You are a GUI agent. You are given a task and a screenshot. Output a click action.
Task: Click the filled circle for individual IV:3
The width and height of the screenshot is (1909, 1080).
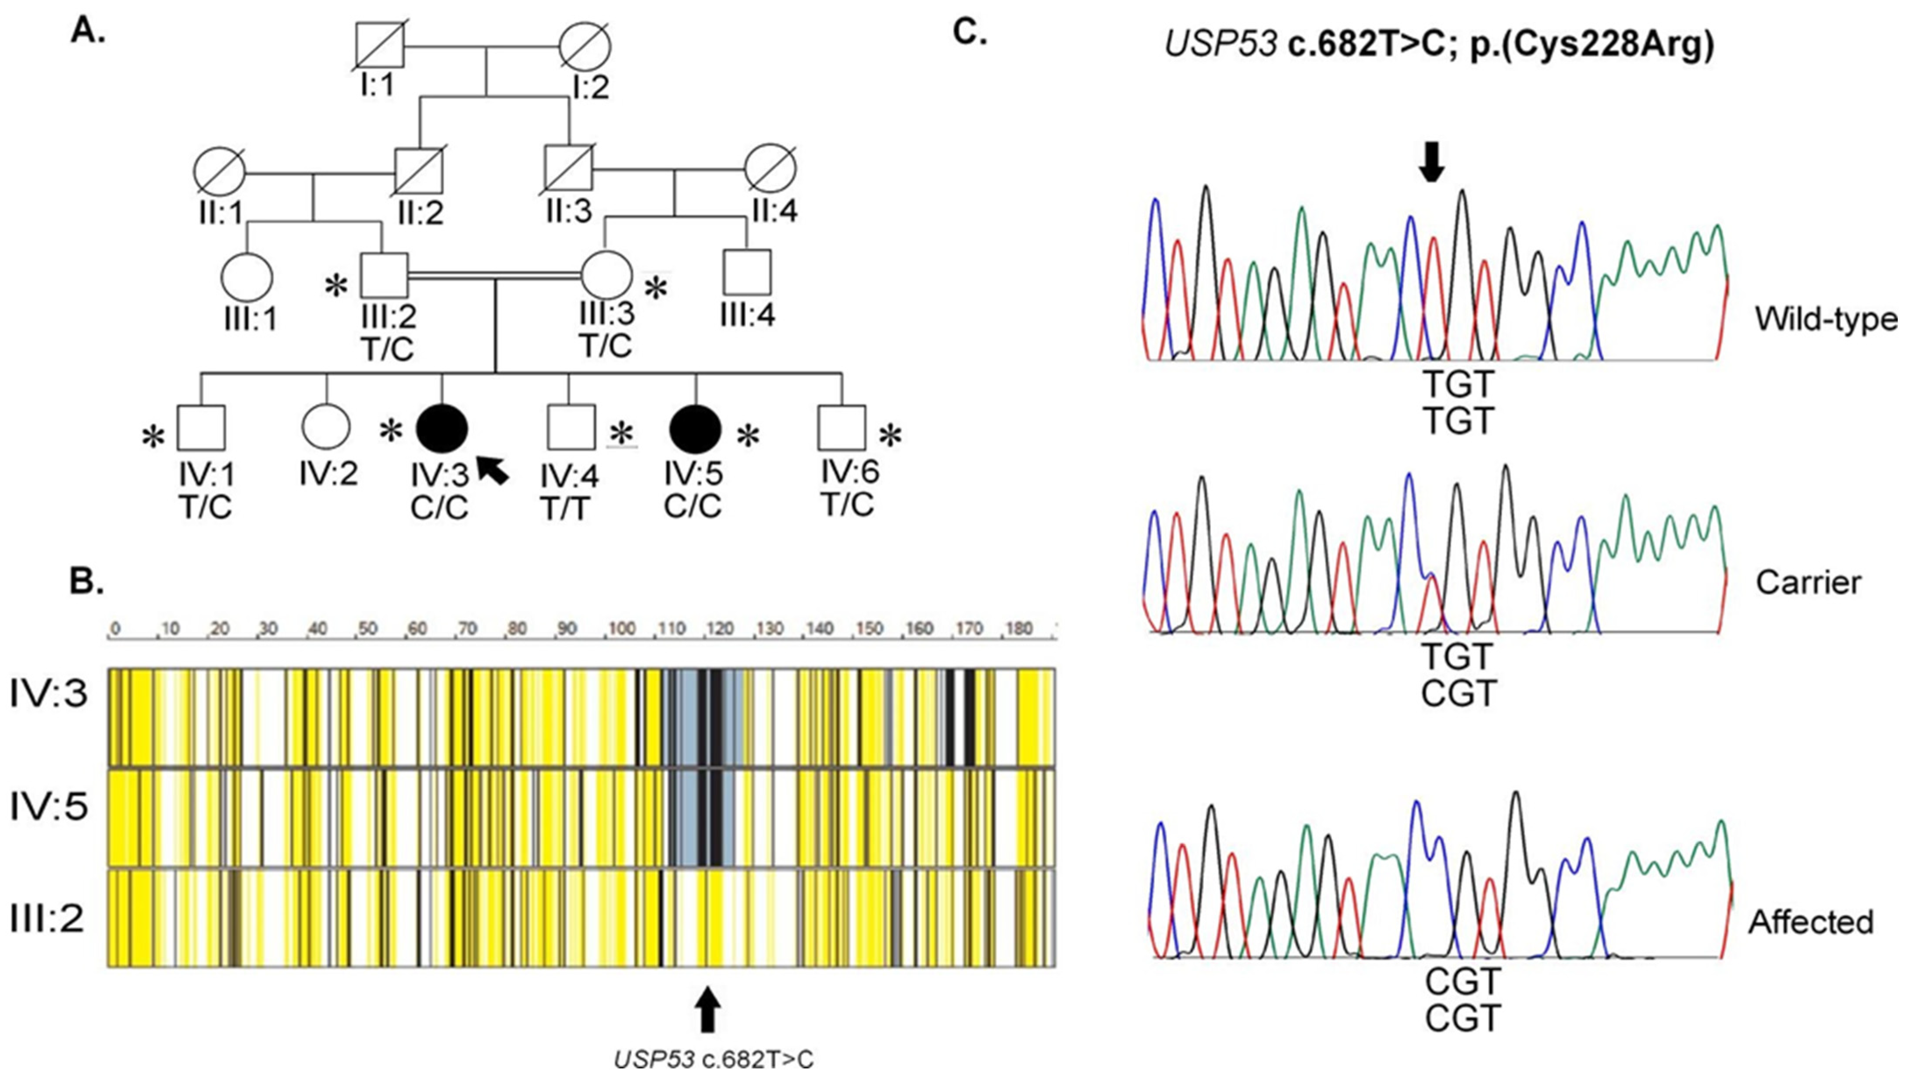coord(442,428)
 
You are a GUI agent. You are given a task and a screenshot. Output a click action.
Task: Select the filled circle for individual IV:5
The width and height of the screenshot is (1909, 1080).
coord(695,428)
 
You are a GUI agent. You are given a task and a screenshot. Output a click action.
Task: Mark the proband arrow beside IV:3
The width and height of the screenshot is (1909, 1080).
coord(492,469)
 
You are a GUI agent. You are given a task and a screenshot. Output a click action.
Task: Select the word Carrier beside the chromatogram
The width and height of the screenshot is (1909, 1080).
coord(1808,583)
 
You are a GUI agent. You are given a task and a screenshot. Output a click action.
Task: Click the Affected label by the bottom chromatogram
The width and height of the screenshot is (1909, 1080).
coord(1810,922)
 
